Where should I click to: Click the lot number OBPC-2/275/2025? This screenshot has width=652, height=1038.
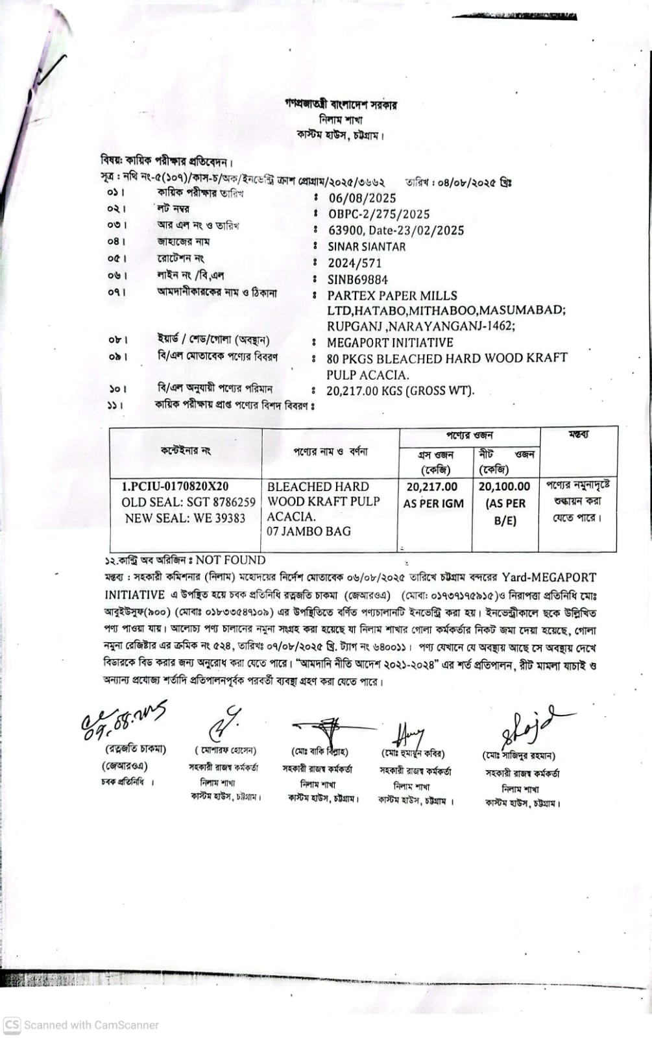pos(379,214)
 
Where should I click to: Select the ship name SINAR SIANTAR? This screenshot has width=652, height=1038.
pos(367,247)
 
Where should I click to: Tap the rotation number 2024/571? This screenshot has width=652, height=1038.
pos(355,263)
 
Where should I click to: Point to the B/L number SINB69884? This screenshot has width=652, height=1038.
pos(358,280)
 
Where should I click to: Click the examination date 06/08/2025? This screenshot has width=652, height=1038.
pos(362,198)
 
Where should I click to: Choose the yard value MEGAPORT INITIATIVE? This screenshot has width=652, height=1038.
pos(390,343)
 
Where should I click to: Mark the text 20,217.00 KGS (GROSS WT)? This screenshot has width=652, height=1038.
pos(400,391)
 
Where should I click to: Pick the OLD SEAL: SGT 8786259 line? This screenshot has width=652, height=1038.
pos(189,502)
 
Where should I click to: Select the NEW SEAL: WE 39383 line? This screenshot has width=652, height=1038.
pos(186,518)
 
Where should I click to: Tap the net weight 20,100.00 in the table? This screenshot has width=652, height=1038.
pos(504,487)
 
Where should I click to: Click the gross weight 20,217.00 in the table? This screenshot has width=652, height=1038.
pos(432,487)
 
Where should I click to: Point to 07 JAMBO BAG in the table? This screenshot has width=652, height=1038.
pos(309,531)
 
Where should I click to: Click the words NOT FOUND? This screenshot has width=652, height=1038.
pos(230,560)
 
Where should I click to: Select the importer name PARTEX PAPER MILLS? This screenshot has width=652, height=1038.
pos(392,295)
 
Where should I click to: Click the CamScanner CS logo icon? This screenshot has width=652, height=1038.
pos(12,1025)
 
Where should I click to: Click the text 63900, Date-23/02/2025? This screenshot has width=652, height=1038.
pos(396,230)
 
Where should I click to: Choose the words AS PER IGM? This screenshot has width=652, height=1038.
pos(433,503)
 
